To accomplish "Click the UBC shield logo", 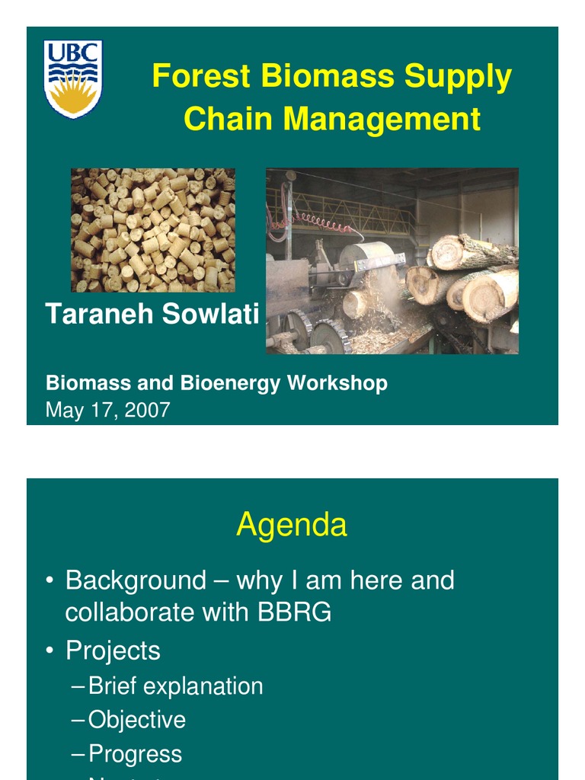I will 73,78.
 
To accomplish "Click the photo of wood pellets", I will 153,230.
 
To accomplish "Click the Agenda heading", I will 292,525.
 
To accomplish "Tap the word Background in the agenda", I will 136,580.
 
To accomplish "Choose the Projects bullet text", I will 113,651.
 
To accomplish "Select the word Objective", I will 137,720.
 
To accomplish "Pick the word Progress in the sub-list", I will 136,754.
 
